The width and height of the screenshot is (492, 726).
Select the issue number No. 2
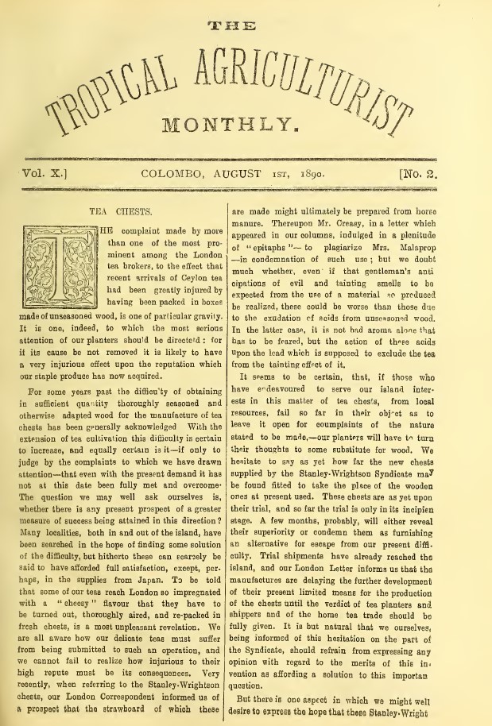(435, 172)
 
